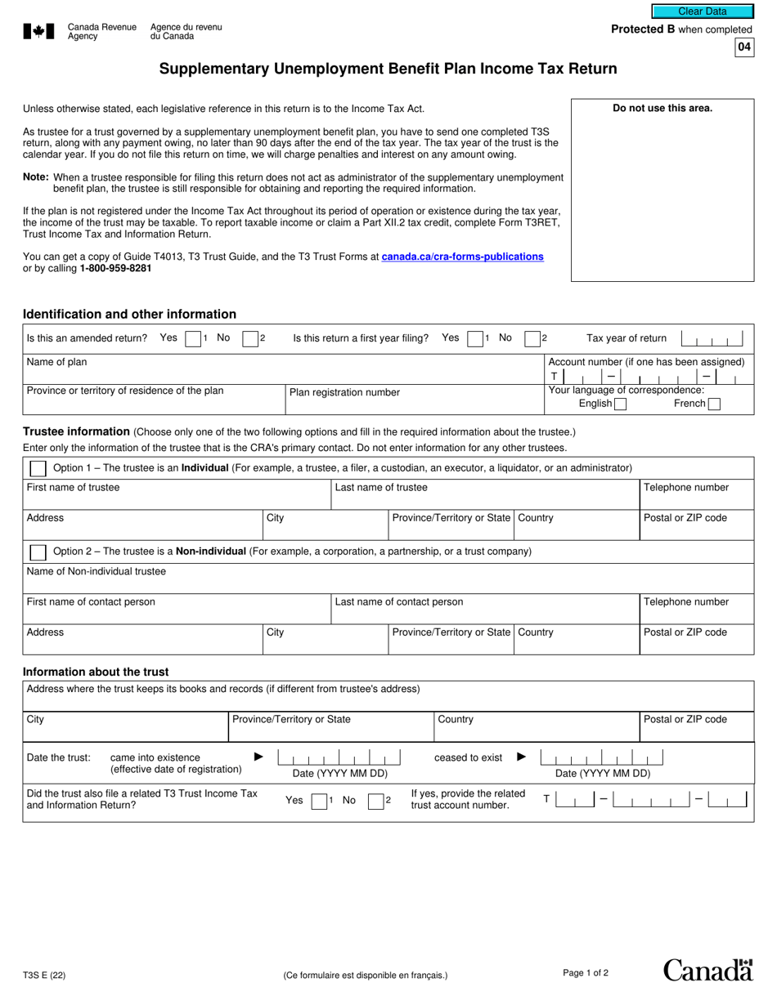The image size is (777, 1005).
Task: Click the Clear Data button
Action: (702, 11)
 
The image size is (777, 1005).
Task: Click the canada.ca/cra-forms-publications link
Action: (462, 257)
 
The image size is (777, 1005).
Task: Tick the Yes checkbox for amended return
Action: (193, 338)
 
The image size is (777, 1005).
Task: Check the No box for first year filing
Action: (532, 338)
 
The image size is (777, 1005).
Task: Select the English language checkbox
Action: (620, 404)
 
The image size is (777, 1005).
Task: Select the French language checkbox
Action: (714, 404)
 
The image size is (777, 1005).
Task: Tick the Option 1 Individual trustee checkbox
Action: (38, 468)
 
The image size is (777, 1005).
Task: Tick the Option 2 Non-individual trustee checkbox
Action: (38, 552)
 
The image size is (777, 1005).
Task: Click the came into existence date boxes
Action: (339, 757)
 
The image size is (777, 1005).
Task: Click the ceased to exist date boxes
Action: (602, 757)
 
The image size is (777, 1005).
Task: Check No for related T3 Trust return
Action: (375, 802)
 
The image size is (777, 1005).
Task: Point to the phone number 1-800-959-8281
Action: (115, 268)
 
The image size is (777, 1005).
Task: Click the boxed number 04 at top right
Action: (743, 47)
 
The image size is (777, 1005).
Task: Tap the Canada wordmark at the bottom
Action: (707, 971)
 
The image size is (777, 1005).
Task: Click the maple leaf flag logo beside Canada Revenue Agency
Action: (38, 31)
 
